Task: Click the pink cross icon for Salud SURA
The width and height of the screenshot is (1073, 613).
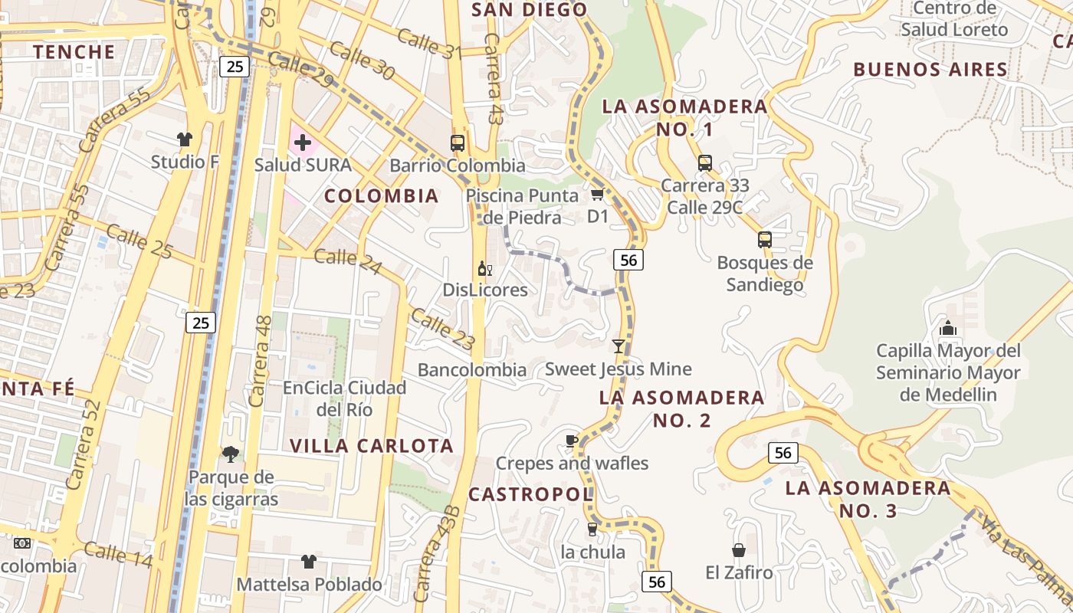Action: coord(303,142)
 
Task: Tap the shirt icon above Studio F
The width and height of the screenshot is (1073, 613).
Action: coord(184,139)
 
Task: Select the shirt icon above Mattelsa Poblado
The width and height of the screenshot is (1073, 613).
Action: coord(308,562)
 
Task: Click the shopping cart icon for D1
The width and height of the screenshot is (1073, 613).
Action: coord(598,194)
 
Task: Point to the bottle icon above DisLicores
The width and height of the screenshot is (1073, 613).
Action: coord(484,268)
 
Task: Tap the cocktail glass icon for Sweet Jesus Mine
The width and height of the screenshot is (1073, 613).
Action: coord(619,346)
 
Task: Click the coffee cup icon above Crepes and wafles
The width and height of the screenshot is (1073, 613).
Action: coord(571,441)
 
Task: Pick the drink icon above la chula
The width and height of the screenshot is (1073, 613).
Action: coord(592,529)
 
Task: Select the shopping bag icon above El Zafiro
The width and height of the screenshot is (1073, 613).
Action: coord(738,549)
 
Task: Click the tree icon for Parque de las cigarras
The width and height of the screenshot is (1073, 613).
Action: coord(230,454)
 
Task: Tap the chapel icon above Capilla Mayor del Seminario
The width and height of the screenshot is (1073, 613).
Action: coord(948,328)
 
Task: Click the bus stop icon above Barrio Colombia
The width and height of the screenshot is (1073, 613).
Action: coord(458,143)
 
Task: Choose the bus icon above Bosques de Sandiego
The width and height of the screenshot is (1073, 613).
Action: coord(764,240)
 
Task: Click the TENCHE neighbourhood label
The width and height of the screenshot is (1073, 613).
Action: coord(74,52)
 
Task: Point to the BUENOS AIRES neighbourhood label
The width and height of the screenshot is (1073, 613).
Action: coord(930,70)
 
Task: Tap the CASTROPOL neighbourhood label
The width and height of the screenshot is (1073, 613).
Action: coord(530,494)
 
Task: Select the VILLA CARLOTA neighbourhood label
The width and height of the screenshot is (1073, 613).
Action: coord(372,446)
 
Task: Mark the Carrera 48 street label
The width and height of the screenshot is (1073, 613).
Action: coord(261,360)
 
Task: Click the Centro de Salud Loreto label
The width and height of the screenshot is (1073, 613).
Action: coord(954,19)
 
